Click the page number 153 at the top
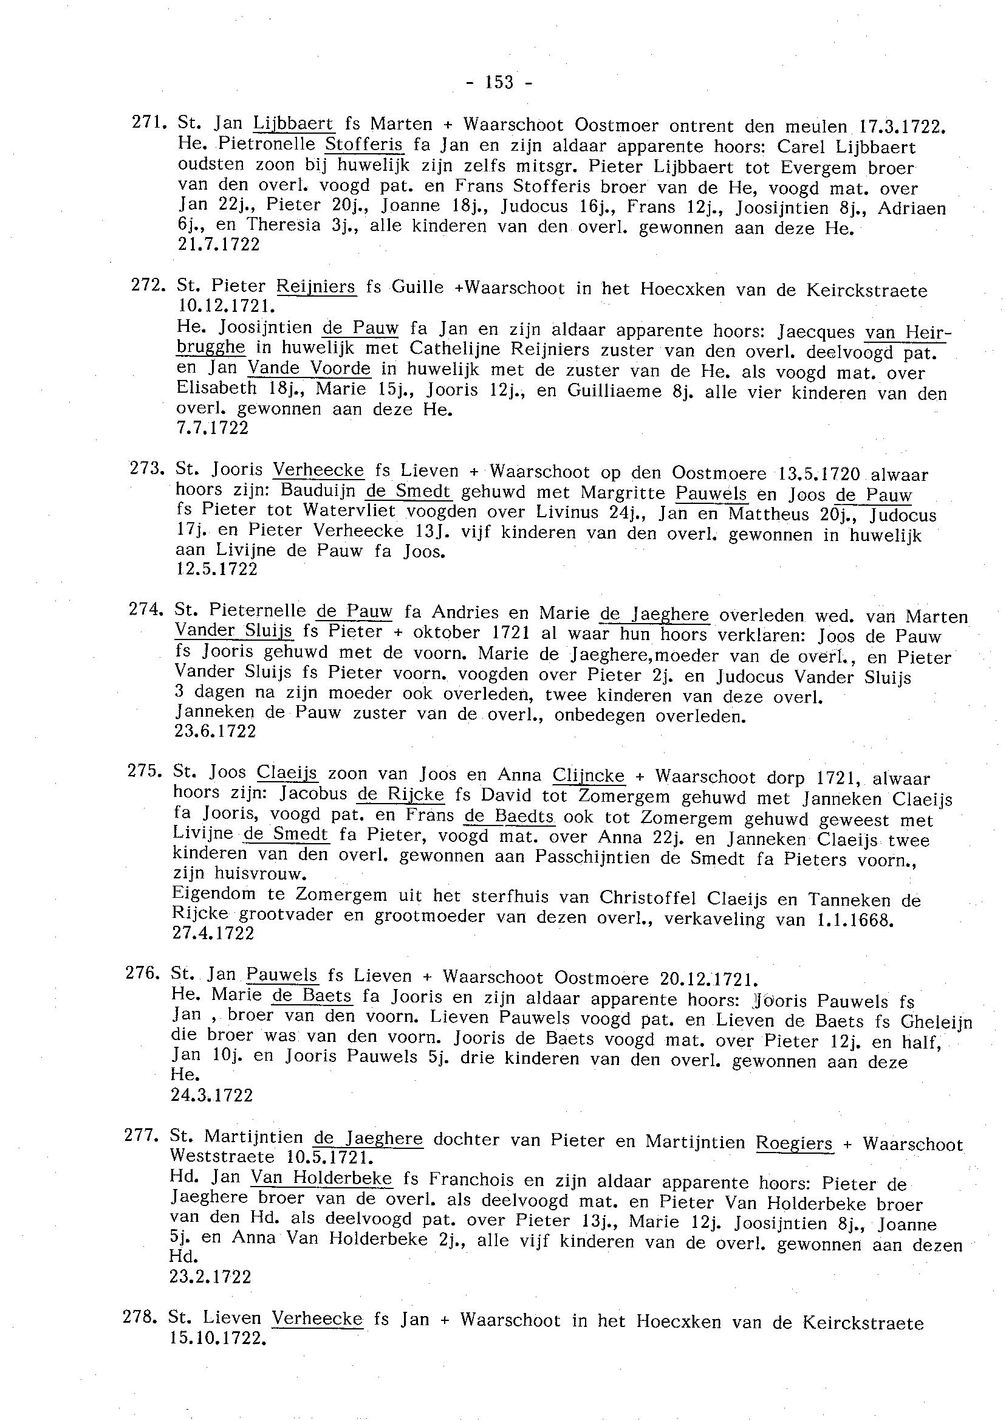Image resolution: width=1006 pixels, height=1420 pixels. (500, 83)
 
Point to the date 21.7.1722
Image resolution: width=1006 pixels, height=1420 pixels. (219, 245)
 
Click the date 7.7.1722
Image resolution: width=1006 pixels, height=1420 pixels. (213, 429)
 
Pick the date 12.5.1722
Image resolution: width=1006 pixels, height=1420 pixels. (217, 569)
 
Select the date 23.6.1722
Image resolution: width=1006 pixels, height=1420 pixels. (216, 731)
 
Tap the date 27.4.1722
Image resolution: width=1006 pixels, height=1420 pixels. (214, 933)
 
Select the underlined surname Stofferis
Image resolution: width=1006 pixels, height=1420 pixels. (365, 145)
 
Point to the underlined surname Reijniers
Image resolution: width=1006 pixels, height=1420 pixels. (316, 287)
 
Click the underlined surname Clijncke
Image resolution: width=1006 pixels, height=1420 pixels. (588, 776)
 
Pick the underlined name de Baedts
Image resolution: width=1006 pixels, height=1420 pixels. (509, 816)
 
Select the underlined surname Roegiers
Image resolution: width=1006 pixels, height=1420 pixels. (794, 1142)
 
